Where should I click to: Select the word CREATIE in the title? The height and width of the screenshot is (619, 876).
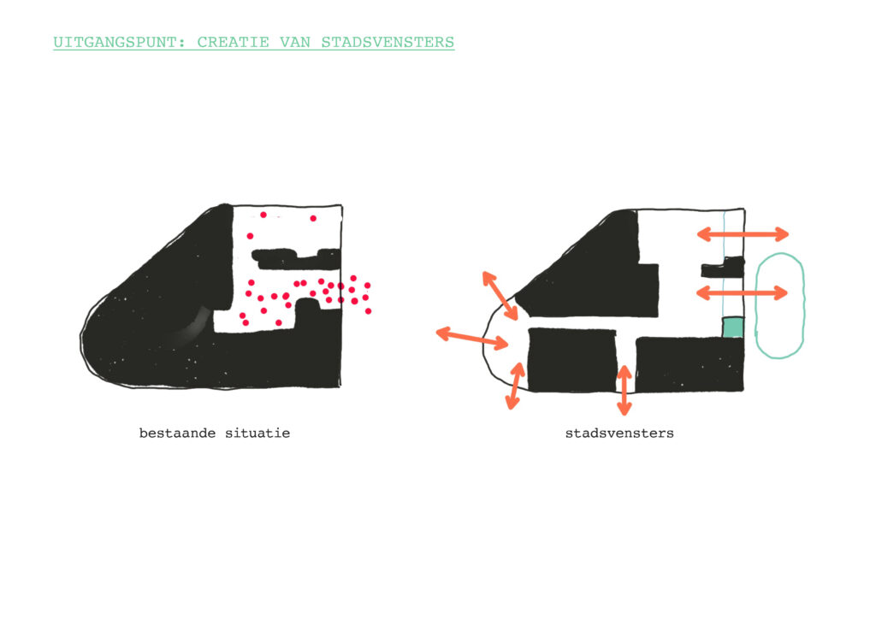(x=233, y=43)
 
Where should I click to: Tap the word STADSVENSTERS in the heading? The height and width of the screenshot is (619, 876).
(x=388, y=43)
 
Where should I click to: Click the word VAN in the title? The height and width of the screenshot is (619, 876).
(x=295, y=43)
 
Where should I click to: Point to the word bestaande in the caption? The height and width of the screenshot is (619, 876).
(x=177, y=433)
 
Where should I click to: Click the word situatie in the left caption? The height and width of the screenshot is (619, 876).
(x=257, y=433)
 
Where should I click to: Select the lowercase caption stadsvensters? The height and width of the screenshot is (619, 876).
(x=619, y=433)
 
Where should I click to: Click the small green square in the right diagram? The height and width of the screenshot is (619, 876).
(x=733, y=327)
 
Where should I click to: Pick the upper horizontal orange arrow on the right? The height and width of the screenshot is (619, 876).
(x=743, y=234)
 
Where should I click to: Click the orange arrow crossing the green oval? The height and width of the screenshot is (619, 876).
(x=743, y=292)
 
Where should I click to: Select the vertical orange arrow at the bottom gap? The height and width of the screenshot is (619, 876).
(x=624, y=390)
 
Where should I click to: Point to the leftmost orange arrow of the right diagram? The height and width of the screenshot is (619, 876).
(x=472, y=339)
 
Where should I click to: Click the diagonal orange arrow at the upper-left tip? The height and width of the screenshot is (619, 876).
(x=500, y=296)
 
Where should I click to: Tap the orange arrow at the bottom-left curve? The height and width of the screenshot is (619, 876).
(x=515, y=386)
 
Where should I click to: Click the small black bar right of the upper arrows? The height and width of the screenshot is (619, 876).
(x=723, y=268)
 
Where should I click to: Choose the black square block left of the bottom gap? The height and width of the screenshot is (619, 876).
(x=572, y=360)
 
